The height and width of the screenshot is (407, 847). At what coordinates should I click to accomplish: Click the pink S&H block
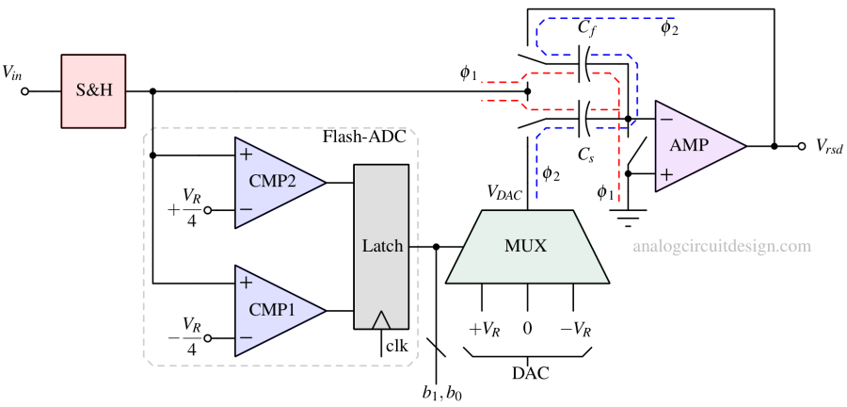[93, 91]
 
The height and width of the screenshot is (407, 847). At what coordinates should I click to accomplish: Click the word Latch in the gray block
[382, 246]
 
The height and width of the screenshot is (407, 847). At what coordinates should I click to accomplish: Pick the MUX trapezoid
[526, 247]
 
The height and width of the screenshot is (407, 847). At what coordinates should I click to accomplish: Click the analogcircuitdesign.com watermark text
[722, 247]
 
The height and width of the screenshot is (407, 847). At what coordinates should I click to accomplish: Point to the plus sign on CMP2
[246, 155]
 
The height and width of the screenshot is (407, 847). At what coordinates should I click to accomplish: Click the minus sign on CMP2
[246, 209]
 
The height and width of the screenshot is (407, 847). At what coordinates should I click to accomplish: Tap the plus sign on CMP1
[246, 283]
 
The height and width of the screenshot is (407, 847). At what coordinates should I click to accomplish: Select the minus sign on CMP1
[246, 337]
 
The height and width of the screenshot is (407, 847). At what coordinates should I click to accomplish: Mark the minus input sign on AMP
[666, 120]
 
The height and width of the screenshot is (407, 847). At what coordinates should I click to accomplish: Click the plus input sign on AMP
[666, 174]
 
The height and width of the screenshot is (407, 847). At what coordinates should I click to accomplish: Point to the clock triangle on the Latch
[381, 320]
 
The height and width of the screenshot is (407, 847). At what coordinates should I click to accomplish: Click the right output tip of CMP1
[325, 310]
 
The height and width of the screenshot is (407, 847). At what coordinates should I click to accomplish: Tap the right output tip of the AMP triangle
[745, 146]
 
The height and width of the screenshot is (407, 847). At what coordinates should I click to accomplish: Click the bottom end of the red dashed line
[619, 202]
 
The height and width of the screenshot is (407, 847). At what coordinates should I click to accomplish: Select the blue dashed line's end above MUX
[536, 200]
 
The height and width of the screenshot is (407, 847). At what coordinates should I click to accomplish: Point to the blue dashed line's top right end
[675, 18]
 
